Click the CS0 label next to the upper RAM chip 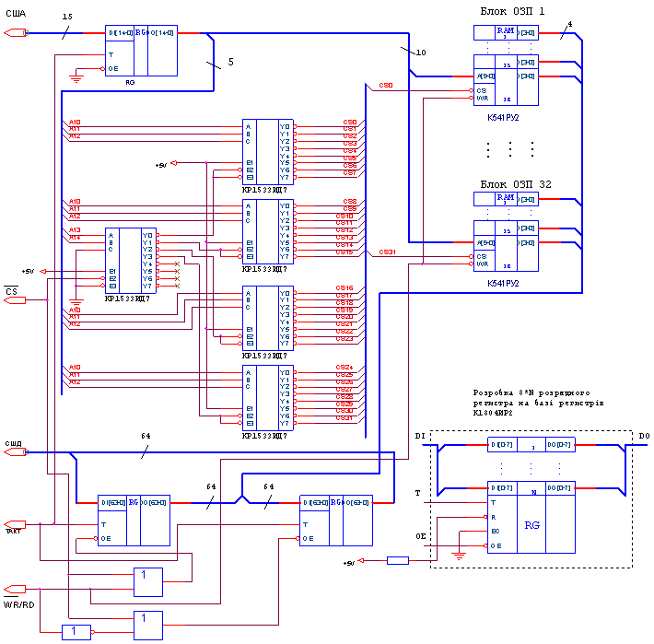[386, 86]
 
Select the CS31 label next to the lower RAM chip [388, 252]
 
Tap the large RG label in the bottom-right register [531, 525]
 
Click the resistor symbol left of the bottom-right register [397, 560]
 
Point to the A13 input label [75, 229]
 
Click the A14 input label [75, 238]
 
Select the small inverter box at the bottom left [76, 631]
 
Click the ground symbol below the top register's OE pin [76, 80]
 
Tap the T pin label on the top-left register [111, 54]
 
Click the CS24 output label [345, 368]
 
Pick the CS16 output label [345, 288]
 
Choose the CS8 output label [350, 201]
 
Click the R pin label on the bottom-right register [494, 517]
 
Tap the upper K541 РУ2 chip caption [503, 118]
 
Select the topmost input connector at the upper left [16, 33]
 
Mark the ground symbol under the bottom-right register [458, 556]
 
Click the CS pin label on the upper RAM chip [480, 90]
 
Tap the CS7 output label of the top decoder [350, 172]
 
